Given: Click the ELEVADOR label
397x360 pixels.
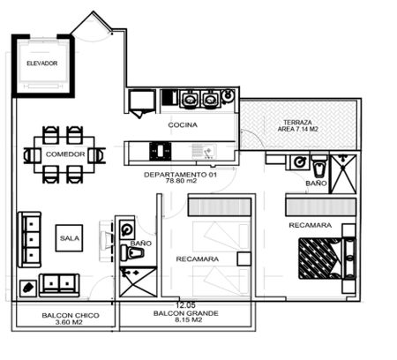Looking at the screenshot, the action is click(x=42, y=64).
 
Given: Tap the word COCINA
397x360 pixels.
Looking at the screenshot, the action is click(x=183, y=125).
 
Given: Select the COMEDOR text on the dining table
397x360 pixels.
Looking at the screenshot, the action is click(x=65, y=154).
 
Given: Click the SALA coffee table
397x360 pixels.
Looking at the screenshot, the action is click(x=69, y=238).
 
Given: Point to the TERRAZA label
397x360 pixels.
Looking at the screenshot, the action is click(x=297, y=122).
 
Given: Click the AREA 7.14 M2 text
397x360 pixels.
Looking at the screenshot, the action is click(x=297, y=129).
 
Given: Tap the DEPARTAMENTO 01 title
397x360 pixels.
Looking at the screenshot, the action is click(x=180, y=175).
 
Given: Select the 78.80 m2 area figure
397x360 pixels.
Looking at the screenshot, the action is click(x=181, y=181).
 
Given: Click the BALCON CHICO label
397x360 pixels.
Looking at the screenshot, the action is click(x=71, y=316).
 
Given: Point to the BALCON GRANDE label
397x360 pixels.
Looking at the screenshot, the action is click(x=186, y=313).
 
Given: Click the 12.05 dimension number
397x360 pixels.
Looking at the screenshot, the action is click(x=185, y=305).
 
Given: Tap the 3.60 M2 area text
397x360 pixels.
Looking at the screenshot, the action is click(x=69, y=322).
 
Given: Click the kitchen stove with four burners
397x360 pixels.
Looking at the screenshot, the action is click(x=161, y=151).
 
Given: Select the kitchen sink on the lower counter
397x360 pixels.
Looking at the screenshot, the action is click(x=205, y=151).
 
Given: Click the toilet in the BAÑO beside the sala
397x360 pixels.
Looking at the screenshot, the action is click(x=132, y=253).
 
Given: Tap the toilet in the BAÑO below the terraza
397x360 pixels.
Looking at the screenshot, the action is click(x=319, y=167).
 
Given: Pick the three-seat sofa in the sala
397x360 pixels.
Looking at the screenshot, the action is click(x=30, y=239).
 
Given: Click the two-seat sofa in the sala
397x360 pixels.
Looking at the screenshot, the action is click(x=59, y=285).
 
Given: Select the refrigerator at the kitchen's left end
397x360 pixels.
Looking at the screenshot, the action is click(x=142, y=101).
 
